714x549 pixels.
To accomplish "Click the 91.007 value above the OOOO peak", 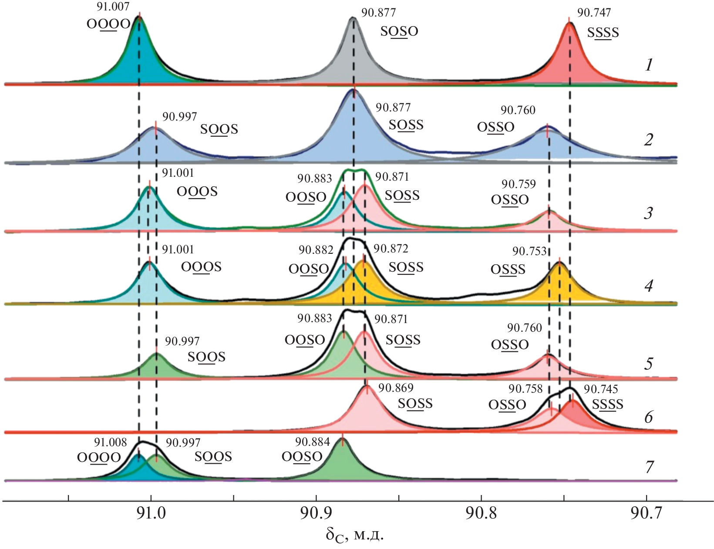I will [113, 7].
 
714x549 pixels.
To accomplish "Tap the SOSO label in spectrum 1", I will [399, 31].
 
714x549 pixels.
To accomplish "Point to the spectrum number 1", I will [649, 65].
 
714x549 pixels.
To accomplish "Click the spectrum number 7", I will [649, 467].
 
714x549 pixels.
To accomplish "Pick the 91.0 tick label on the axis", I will [151, 514].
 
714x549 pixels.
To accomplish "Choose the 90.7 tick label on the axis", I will [646, 514].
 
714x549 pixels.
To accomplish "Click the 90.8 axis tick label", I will [481, 514].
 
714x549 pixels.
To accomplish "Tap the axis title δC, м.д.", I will [355, 535].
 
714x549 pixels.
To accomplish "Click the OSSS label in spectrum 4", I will [508, 270].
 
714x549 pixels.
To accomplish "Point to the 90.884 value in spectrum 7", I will [313, 442].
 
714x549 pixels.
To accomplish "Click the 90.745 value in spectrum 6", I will [600, 389].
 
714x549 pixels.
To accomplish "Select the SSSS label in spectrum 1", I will [603, 33].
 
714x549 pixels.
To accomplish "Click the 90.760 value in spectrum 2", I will [518, 110].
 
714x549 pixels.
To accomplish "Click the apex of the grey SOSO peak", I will [353, 18].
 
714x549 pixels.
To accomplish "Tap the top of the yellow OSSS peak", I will [559, 263].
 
